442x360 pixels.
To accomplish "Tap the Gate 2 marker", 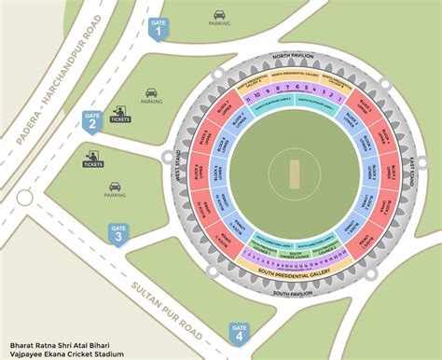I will pos(91,120).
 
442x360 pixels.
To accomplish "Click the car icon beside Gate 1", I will pos(219,15).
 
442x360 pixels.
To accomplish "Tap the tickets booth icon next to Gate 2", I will pos(119,117).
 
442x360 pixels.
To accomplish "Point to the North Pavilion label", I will pos(292,56).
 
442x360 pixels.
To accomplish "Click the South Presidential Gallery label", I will pos(293,271).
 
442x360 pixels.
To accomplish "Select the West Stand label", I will pos(175,173).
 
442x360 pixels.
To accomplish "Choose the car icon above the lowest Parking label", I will pos(116,186).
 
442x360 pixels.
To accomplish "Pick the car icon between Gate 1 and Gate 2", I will pos(151,92).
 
